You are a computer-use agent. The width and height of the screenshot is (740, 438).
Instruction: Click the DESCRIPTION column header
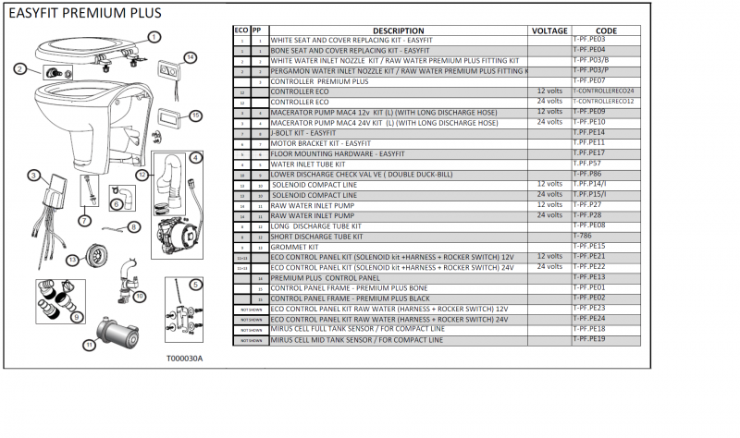click(399, 30)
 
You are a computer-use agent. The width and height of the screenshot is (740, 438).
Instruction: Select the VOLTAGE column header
click(550, 30)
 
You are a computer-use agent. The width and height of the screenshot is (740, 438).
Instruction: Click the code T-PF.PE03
click(589, 40)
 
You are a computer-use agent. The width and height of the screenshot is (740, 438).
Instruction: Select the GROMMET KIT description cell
click(295, 246)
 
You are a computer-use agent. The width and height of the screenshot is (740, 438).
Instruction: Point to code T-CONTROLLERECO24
click(603, 91)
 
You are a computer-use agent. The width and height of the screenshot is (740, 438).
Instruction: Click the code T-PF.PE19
click(589, 338)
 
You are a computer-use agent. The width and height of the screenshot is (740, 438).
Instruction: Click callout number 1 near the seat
click(154, 36)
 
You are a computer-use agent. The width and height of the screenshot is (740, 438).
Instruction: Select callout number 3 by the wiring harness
click(32, 175)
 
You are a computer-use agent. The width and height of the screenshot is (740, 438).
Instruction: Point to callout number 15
click(195, 115)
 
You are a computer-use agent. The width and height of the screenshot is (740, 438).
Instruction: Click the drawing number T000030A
click(184, 358)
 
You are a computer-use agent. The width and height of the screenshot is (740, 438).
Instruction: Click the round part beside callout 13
click(93, 256)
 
